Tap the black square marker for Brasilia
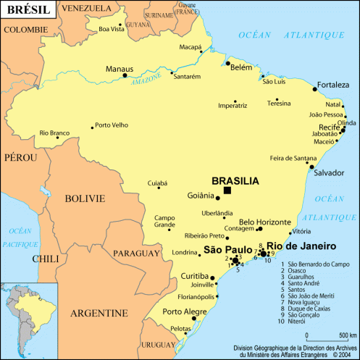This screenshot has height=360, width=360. point(227,190)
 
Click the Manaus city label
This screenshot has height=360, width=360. point(120,69)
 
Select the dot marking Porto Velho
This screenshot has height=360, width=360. point(93,127)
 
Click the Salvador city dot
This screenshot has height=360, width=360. point(311,164)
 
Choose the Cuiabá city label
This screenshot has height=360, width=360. point(157,183)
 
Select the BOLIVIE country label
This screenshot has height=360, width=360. point(85,198)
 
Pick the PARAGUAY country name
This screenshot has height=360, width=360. point(136,254)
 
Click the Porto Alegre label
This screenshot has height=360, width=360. point(185,312)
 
